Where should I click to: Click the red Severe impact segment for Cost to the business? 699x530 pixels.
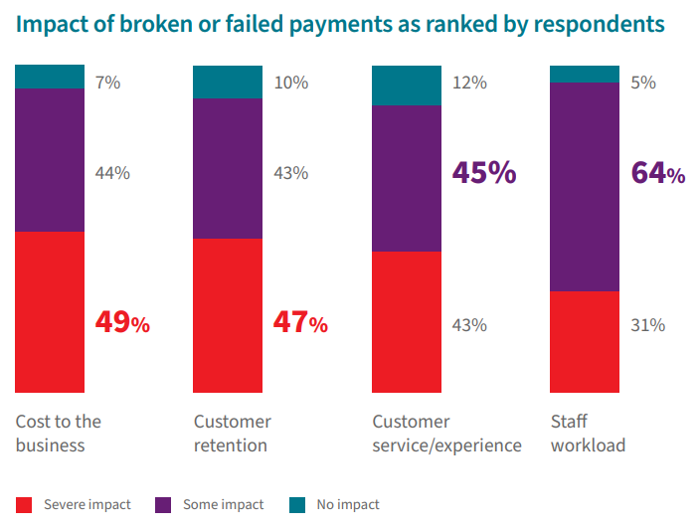point(50,311)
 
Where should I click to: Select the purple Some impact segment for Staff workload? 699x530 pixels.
point(585,187)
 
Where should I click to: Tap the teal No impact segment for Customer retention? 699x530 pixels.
point(228,83)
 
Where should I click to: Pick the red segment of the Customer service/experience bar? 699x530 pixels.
point(406,321)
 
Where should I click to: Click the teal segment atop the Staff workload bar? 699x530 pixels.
point(585,74)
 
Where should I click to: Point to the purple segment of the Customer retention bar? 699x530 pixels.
point(228,168)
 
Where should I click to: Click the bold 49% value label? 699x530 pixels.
point(122,322)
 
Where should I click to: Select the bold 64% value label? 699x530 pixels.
point(658,173)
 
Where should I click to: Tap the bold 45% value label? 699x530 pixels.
point(484,173)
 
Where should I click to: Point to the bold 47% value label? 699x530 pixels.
point(300,322)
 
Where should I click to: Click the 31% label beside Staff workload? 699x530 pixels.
point(647,325)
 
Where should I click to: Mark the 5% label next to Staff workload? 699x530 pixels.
point(643,83)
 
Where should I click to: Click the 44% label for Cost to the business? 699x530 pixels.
point(112,173)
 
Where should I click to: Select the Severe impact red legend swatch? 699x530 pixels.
point(25,505)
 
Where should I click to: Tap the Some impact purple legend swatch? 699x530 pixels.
point(164,505)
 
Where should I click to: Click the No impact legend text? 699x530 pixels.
point(348,505)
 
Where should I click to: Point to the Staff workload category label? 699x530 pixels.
point(588,434)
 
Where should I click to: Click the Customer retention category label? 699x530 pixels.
point(232,434)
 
